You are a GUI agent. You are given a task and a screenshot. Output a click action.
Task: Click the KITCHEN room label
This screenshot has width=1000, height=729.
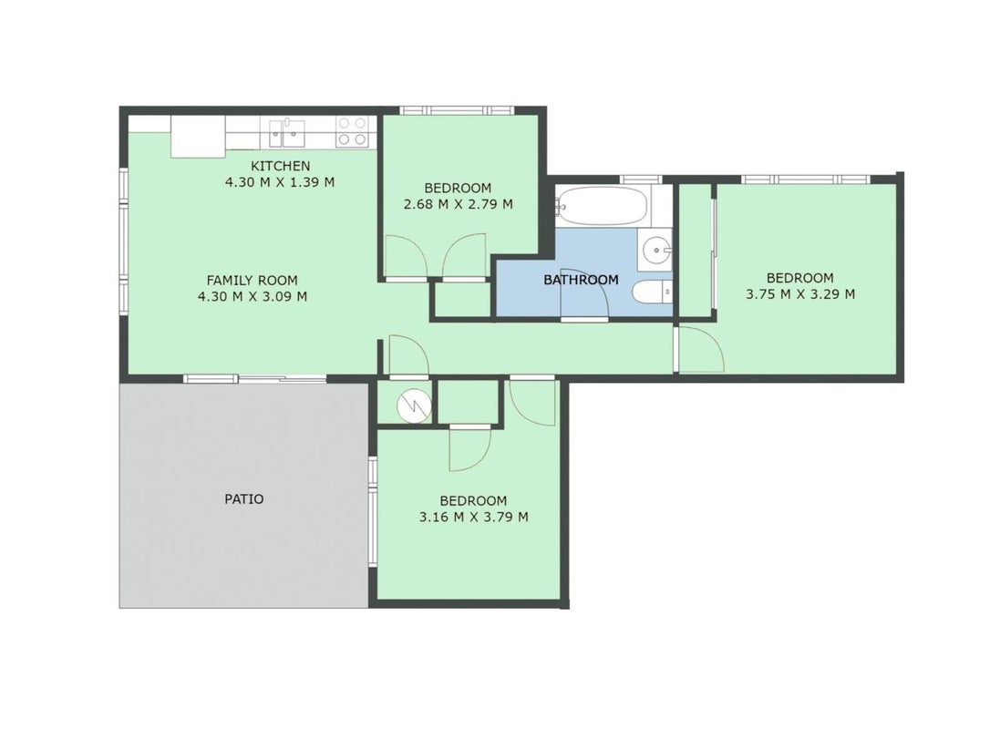pos(280,167)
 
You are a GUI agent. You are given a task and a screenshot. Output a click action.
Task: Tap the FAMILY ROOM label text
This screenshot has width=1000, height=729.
pos(252,280)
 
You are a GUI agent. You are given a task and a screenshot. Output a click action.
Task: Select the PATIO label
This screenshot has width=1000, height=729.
pos(243,498)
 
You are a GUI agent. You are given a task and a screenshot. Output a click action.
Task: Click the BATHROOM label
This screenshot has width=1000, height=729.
pos(581,280)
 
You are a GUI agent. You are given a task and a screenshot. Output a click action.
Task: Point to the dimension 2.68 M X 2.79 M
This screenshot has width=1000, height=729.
pos(458,204)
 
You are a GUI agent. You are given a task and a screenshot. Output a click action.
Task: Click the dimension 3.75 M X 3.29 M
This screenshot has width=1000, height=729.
pos(800,294)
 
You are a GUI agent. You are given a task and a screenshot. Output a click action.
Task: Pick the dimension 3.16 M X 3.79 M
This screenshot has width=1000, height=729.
pos(473,517)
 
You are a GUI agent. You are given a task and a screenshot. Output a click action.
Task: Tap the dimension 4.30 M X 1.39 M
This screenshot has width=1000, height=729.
pos(280,182)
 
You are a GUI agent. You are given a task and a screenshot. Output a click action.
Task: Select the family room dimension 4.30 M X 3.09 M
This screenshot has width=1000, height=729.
pos(252,296)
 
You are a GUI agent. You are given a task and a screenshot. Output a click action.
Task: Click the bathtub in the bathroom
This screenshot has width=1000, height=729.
pos(602,206)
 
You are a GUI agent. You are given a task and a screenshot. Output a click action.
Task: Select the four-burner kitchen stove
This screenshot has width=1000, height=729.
pos(352,132)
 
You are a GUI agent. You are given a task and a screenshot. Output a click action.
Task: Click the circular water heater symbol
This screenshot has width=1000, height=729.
pos(415,405)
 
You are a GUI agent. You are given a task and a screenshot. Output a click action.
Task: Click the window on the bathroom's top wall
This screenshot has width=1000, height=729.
pos(640,180)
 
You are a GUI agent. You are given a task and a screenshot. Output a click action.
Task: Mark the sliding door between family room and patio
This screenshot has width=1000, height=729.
pos(255,379)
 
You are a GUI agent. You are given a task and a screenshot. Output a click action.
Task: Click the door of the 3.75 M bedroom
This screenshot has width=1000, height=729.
pos(700,348)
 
